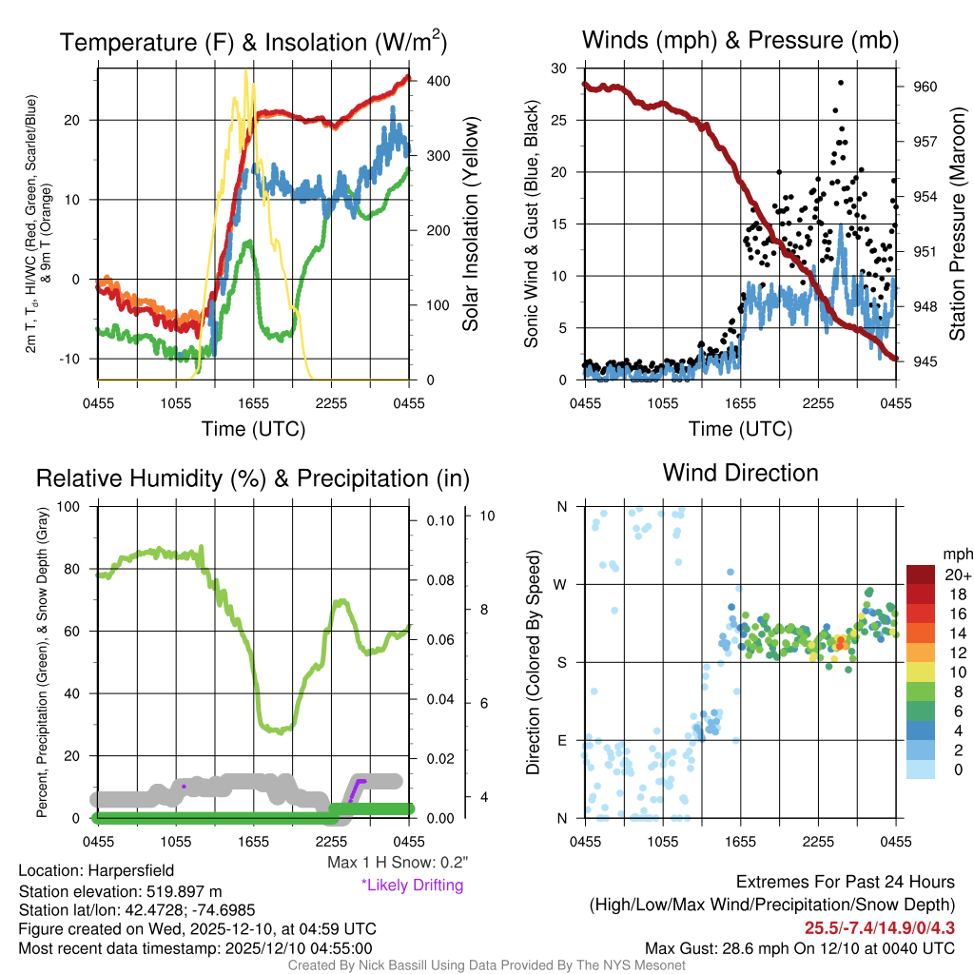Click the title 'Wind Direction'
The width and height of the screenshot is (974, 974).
tap(740, 473)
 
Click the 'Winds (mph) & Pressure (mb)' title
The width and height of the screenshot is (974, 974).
tap(740, 40)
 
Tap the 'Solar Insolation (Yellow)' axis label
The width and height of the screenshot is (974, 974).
tap(470, 224)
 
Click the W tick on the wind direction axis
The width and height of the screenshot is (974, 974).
tap(561, 584)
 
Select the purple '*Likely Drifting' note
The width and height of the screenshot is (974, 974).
tap(412, 885)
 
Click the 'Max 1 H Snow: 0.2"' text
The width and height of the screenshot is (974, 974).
tap(398, 863)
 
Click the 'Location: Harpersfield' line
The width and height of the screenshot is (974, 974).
tap(96, 870)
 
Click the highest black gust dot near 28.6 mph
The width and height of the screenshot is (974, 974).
tap(838, 109)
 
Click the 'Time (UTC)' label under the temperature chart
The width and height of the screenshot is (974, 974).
tap(253, 429)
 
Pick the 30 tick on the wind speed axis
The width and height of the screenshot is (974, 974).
tap(560, 68)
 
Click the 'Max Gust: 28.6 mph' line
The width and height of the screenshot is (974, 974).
tap(799, 948)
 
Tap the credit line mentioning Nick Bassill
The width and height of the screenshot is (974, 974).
tap(486, 965)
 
